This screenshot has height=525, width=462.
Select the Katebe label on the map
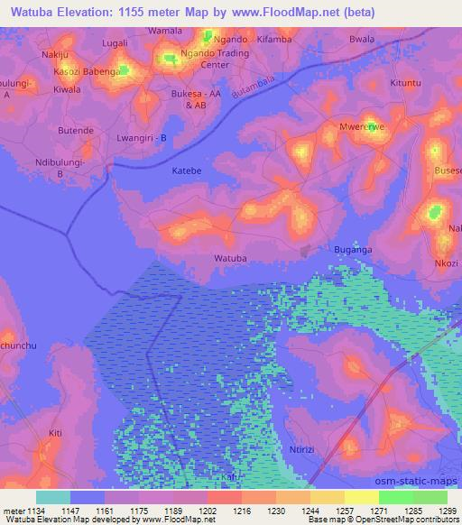coord(187,170)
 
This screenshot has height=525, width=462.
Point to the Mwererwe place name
coord(361,127)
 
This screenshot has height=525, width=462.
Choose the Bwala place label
coord(362,40)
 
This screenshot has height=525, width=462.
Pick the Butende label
coord(76,131)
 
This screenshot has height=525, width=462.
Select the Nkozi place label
coord(446,263)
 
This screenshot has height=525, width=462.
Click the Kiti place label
coord(55,434)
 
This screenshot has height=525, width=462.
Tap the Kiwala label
coord(67,89)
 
